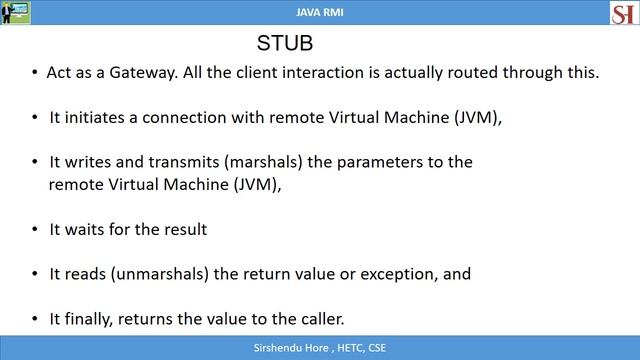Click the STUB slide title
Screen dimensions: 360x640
pyautogui.click(x=285, y=45)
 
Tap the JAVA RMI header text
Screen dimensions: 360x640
pyautogui.click(x=320, y=11)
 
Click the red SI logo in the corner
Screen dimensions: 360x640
pyautogui.click(x=623, y=13)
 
